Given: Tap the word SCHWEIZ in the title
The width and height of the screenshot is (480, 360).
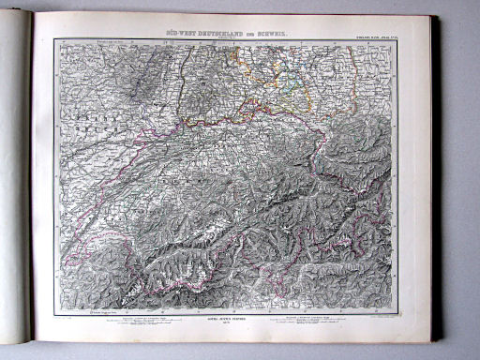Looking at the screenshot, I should coord(271,31).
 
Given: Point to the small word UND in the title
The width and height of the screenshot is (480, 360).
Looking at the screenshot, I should coord(251,31).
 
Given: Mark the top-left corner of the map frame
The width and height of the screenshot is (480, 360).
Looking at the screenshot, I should coord(54,39).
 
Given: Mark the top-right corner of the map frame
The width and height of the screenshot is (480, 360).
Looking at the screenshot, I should coord(394,39).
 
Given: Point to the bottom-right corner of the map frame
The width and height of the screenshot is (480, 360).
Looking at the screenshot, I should coord(394,312).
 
